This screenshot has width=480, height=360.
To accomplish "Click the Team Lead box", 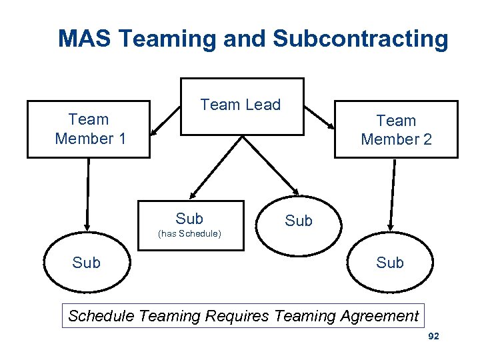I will click(241, 107).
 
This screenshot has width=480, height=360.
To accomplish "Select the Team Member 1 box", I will click(89, 129).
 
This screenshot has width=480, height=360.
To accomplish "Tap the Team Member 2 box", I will click(396, 129).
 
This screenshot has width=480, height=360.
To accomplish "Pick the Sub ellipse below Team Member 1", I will click(87, 263).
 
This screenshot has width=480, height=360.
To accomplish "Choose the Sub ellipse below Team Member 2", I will click(389, 263).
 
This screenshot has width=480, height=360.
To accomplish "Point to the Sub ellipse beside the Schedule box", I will click(298, 222).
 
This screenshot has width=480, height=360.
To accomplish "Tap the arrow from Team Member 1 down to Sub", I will click(87, 193).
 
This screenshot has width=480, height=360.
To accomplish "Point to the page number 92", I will click(433, 337).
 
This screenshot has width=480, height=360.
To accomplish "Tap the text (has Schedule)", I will click(189, 234).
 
